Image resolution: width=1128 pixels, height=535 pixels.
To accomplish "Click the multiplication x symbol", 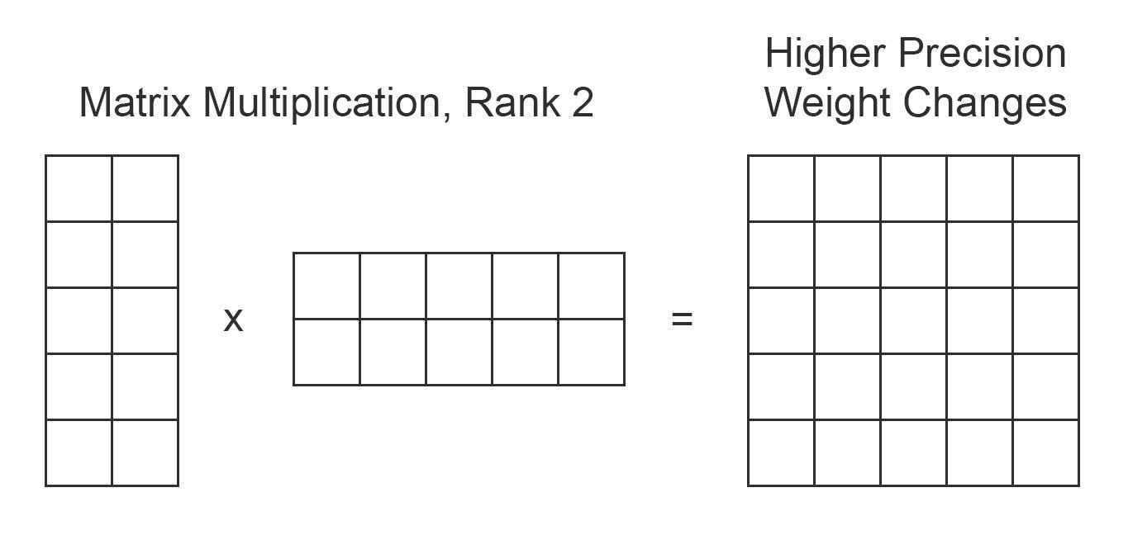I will click(234, 320).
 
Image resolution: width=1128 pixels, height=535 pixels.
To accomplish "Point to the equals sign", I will click(682, 320).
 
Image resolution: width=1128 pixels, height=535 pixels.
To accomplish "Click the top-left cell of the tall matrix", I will click(79, 188).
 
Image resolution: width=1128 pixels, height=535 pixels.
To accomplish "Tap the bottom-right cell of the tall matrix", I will click(145, 452).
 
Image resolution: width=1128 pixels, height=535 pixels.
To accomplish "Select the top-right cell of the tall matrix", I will click(145, 188).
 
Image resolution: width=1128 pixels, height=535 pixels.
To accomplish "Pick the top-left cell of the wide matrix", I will click(326, 286).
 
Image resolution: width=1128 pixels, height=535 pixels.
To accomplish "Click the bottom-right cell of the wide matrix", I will click(592, 352).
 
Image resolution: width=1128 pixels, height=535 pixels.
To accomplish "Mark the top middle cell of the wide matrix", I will click(459, 286).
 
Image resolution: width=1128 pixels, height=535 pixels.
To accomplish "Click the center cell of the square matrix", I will click(913, 320).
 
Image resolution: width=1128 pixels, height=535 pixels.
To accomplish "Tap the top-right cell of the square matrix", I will click(1046, 188).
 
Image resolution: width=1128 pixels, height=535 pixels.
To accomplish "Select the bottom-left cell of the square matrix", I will click(781, 452).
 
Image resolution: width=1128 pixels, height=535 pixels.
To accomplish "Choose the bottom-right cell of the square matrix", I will click(1046, 452).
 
